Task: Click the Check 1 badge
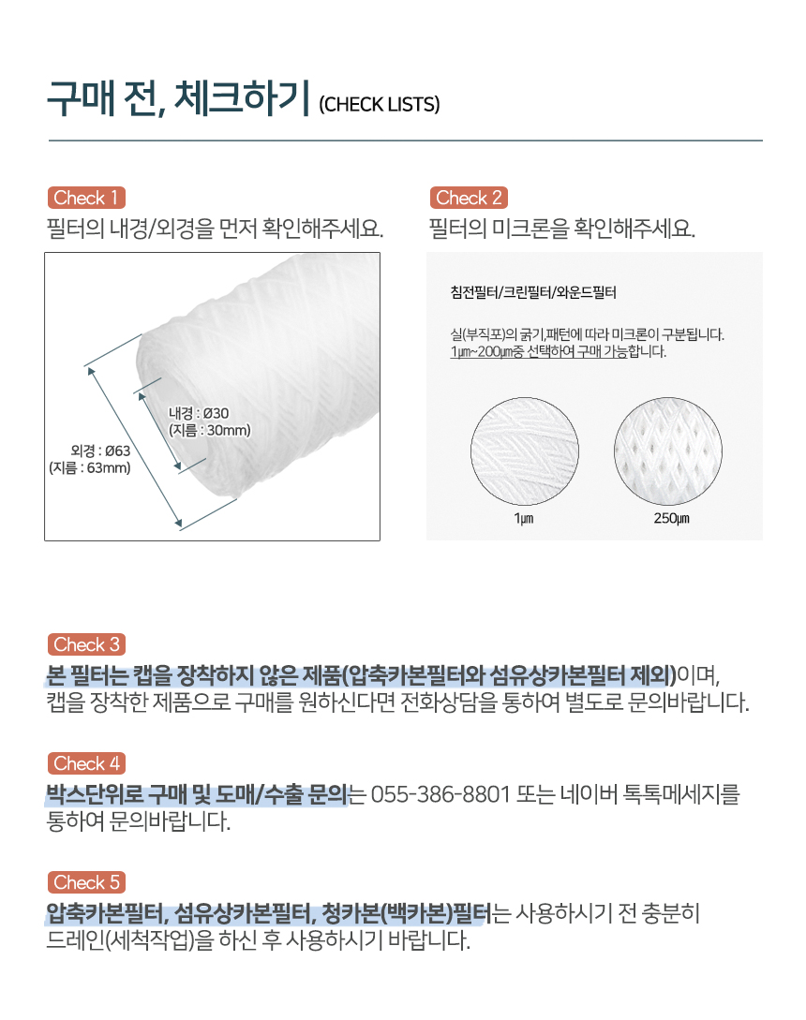click(x=86, y=198)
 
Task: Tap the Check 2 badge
click(x=468, y=198)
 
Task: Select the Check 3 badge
click(x=86, y=644)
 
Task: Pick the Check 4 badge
click(x=86, y=763)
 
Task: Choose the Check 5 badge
click(x=86, y=882)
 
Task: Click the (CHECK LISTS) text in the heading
click(x=379, y=105)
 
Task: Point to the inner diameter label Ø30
click(x=199, y=413)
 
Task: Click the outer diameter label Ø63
click(x=100, y=451)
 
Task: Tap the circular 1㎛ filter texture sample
click(x=524, y=451)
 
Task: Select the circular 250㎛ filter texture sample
click(x=668, y=451)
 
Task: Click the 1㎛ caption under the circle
click(x=524, y=519)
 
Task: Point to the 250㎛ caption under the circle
click(x=671, y=519)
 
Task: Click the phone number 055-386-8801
click(x=440, y=794)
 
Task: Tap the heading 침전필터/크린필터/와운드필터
click(x=533, y=293)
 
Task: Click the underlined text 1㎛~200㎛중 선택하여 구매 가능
click(x=539, y=352)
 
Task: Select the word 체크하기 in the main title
click(x=242, y=98)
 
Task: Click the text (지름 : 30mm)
click(x=210, y=430)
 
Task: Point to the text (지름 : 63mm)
click(x=90, y=467)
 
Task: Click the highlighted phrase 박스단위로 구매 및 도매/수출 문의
click(x=197, y=794)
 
